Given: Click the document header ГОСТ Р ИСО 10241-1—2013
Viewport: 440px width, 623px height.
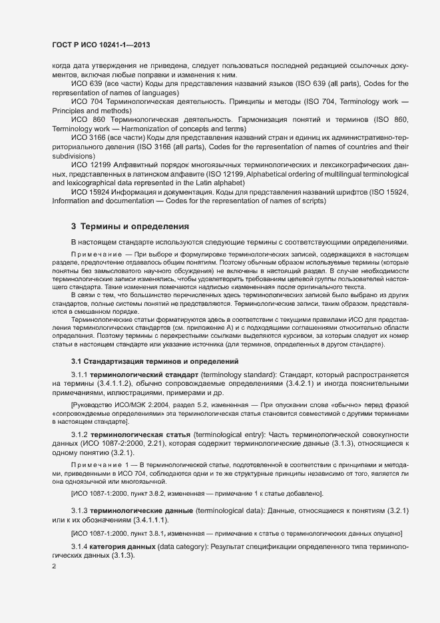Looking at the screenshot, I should click(100, 45).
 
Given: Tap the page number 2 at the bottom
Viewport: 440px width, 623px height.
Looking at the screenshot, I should click(54, 566).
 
